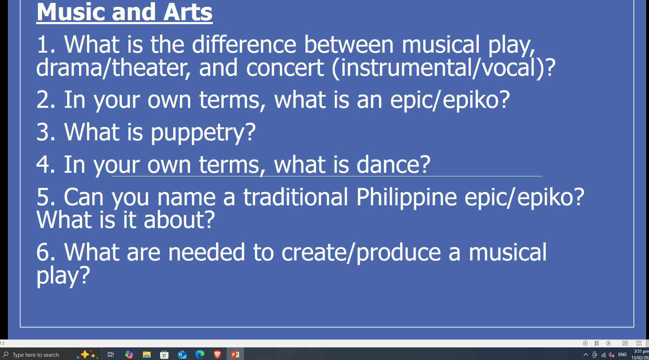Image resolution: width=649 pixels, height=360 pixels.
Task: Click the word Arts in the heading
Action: click(188, 12)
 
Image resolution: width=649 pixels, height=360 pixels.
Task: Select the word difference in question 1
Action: click(244, 45)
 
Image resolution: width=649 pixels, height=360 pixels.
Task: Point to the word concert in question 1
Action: click(285, 68)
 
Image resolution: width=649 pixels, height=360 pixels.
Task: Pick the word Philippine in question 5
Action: click(407, 197)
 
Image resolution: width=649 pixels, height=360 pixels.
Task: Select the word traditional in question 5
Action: click(296, 197)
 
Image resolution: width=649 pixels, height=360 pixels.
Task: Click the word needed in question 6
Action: click(207, 252)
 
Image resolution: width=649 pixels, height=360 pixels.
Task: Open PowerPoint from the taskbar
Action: click(235, 355)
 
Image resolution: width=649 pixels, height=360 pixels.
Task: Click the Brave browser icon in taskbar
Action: click(218, 355)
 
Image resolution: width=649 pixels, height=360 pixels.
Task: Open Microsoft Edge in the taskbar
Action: click(200, 355)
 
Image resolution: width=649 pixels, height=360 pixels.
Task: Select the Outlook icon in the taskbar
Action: click(182, 355)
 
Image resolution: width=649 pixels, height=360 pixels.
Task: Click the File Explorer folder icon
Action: click(146, 355)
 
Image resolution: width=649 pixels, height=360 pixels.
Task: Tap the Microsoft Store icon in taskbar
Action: click(164, 355)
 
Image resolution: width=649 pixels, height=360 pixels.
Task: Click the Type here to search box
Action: click(40, 355)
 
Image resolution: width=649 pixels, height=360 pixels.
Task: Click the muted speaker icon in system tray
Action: click(611, 355)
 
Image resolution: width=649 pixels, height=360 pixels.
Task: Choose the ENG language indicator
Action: click(622, 355)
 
